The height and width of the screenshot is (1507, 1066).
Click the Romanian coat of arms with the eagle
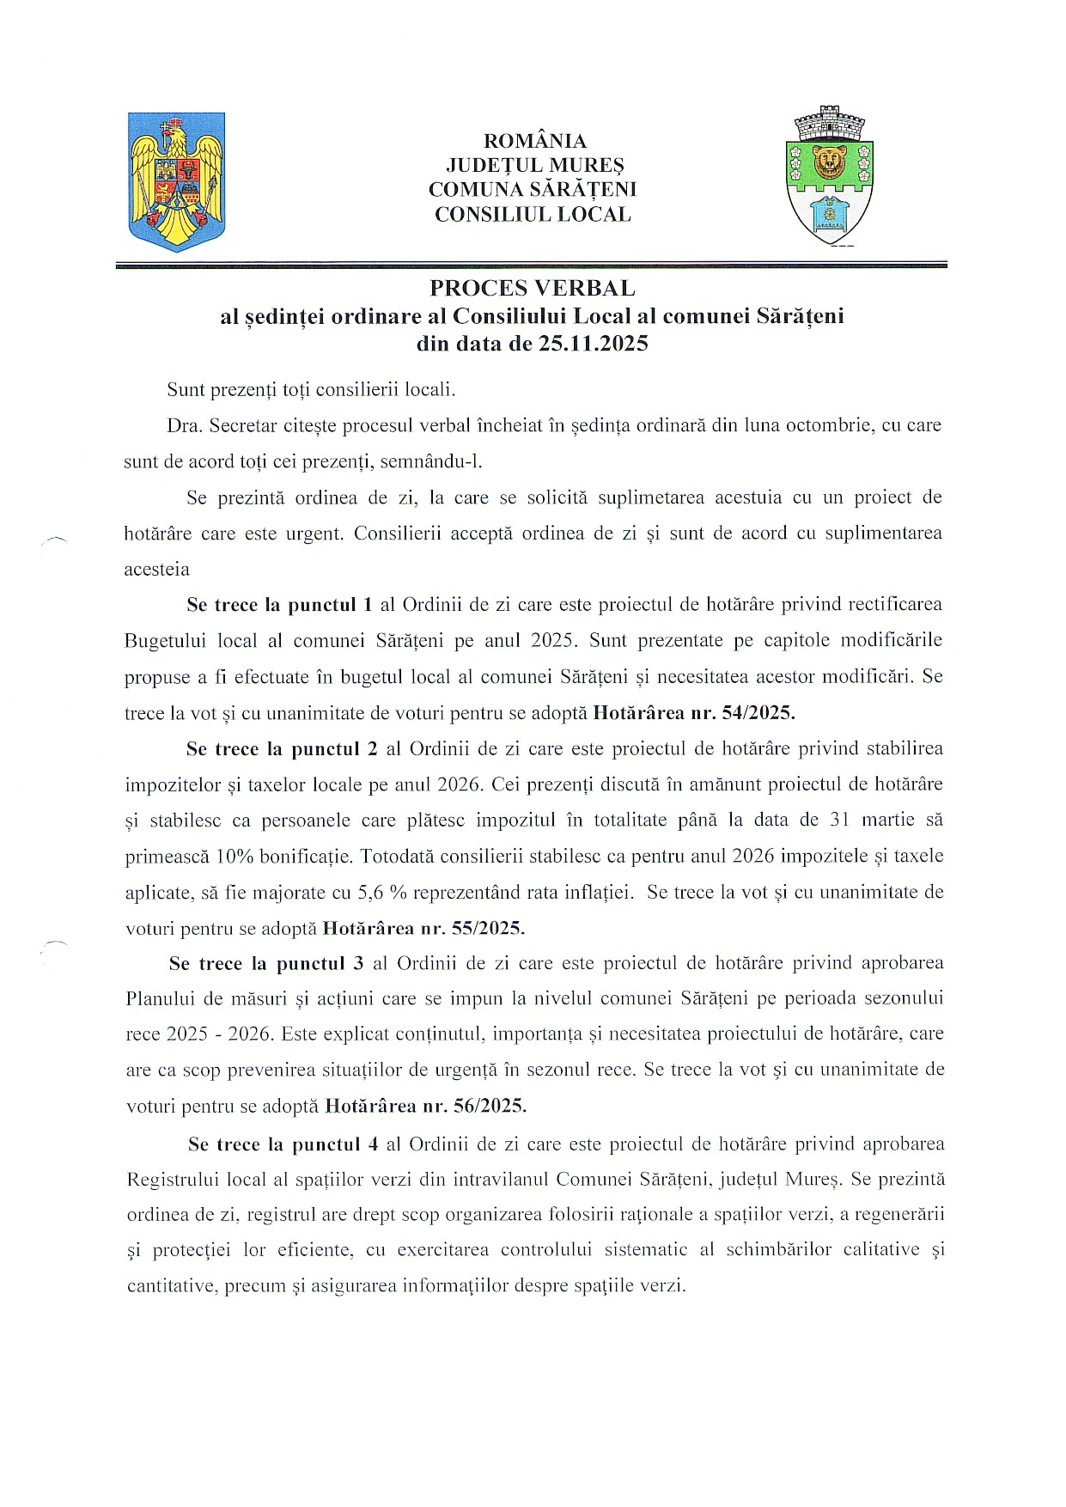176,181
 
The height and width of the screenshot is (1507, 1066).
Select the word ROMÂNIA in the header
534,141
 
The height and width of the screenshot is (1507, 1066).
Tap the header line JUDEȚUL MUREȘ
534,165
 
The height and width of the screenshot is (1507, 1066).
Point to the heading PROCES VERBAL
533,288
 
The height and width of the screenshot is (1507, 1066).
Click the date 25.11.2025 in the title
593,345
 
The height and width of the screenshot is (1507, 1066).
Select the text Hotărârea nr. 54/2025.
694,712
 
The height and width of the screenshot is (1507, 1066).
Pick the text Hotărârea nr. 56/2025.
425,1106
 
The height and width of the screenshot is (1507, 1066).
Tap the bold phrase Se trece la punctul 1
279,605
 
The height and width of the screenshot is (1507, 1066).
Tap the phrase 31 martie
866,820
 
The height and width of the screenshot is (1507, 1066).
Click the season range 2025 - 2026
219,1034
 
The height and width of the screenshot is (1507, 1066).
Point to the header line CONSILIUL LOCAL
533,215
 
